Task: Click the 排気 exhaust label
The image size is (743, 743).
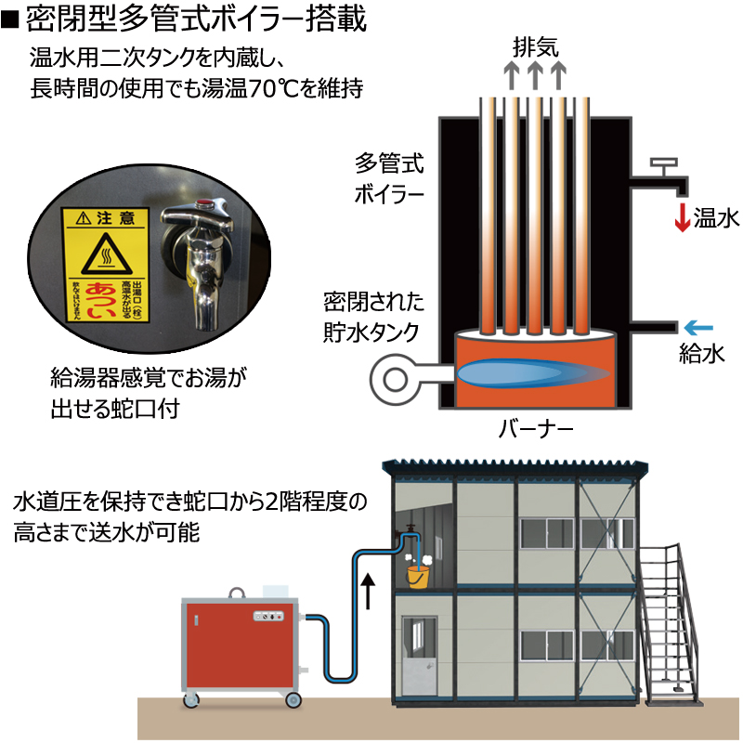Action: (x=535, y=46)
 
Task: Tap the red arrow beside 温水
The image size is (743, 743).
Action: (x=682, y=216)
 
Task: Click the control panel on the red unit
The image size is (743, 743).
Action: (x=270, y=617)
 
